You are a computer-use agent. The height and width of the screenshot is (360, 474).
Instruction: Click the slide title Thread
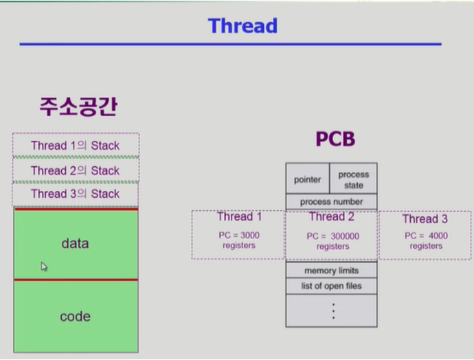[x=242, y=25]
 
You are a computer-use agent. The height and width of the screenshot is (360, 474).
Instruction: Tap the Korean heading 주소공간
[x=78, y=106]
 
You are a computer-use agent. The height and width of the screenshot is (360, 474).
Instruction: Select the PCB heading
[x=335, y=139]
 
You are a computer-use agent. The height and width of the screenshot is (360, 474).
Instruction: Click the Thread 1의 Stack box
[x=76, y=145]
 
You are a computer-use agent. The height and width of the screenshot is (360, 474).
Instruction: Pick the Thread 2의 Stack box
[x=76, y=170]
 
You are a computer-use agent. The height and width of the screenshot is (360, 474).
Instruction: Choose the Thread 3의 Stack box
[x=76, y=194]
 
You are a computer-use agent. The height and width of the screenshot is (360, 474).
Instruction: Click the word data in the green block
[x=75, y=243]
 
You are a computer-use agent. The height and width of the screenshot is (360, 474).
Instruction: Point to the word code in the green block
[x=76, y=317]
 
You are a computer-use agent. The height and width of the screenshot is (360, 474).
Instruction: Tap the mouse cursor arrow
[x=44, y=267]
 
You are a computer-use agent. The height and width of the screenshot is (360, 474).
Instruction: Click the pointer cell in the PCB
[x=308, y=179]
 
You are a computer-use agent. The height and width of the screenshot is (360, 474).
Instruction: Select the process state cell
[x=353, y=179]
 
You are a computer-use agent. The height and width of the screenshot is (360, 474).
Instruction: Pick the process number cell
[x=331, y=201]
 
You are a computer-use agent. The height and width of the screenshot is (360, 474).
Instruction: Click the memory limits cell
[x=331, y=270]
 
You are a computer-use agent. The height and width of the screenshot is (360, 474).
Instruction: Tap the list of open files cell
[x=331, y=286]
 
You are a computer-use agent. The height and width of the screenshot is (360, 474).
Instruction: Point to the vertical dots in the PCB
[x=333, y=311]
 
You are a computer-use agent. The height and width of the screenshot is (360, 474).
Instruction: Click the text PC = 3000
[x=239, y=235]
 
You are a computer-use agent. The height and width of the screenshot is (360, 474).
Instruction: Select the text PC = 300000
[x=332, y=236]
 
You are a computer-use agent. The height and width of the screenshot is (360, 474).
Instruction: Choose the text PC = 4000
[x=426, y=236]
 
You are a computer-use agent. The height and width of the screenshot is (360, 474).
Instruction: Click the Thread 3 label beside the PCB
[x=425, y=219]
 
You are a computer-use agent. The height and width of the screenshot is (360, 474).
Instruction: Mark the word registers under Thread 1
[x=239, y=245]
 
